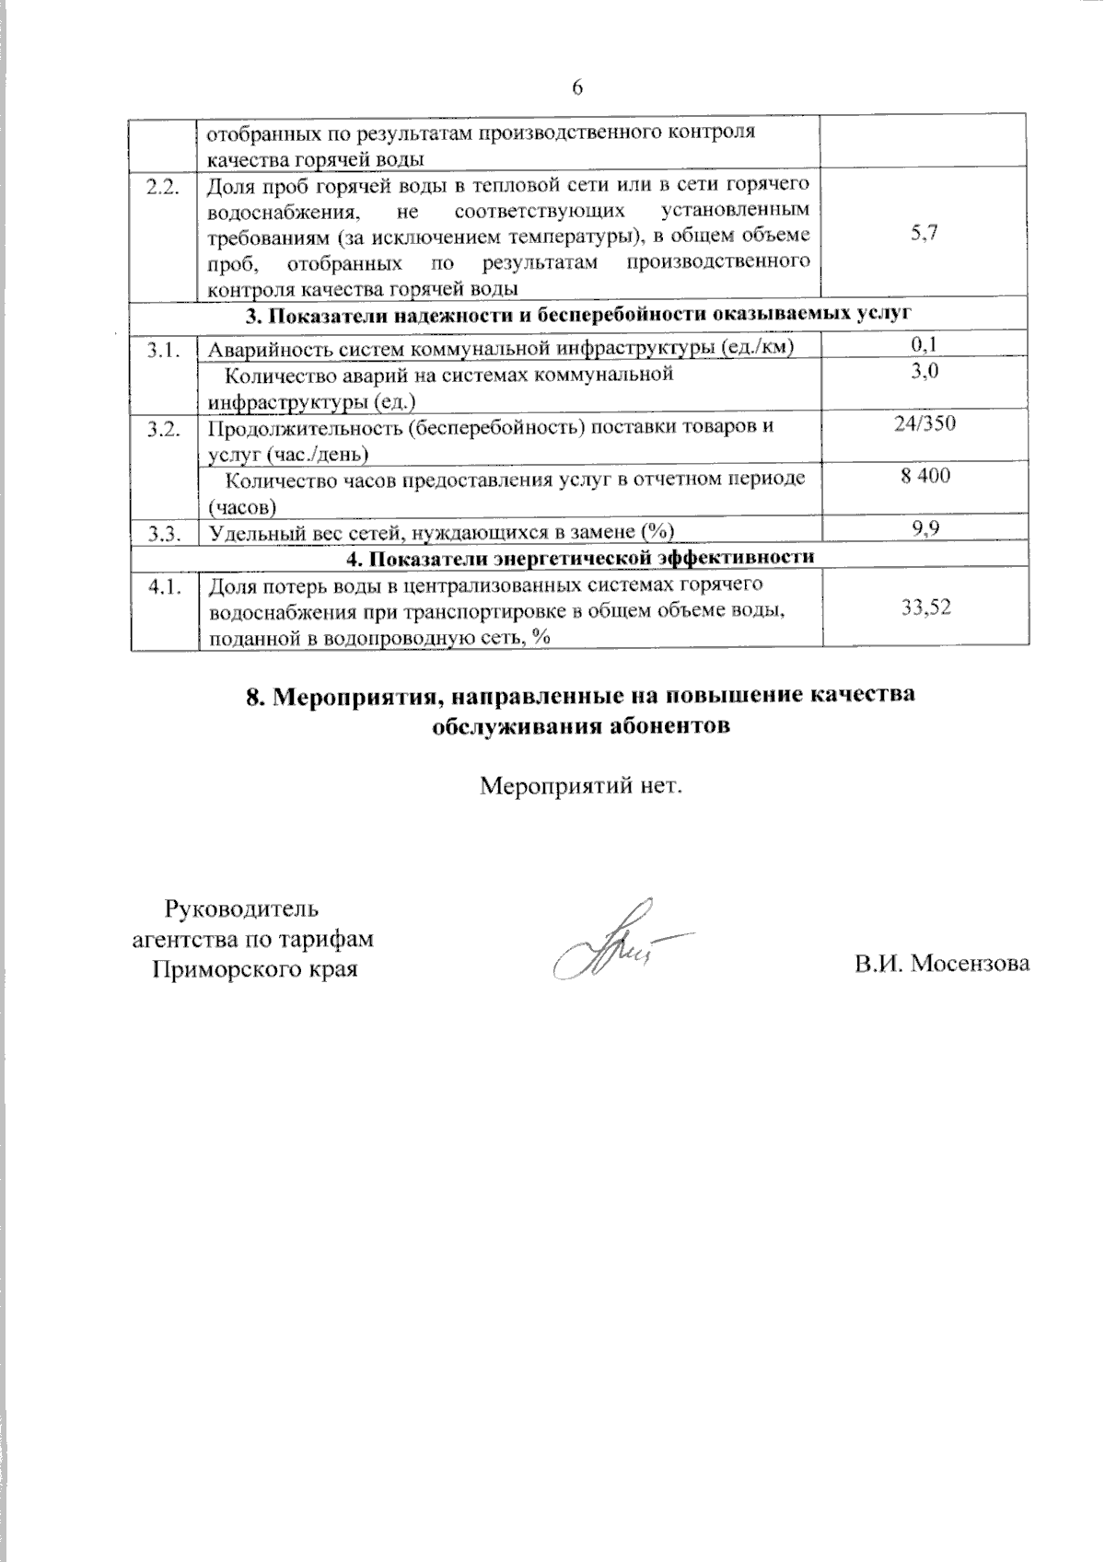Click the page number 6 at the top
pos(577,87)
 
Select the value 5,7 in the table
pos(925,233)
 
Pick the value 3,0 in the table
pos(925,371)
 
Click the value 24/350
pos(925,423)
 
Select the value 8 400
pos(925,476)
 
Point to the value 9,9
pos(925,528)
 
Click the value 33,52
pos(925,607)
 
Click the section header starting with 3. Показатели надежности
pos(578,315)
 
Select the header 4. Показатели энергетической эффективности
pos(580,557)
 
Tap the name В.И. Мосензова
pos(941,964)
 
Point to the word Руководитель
pos(241,908)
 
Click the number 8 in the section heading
pos(254,696)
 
